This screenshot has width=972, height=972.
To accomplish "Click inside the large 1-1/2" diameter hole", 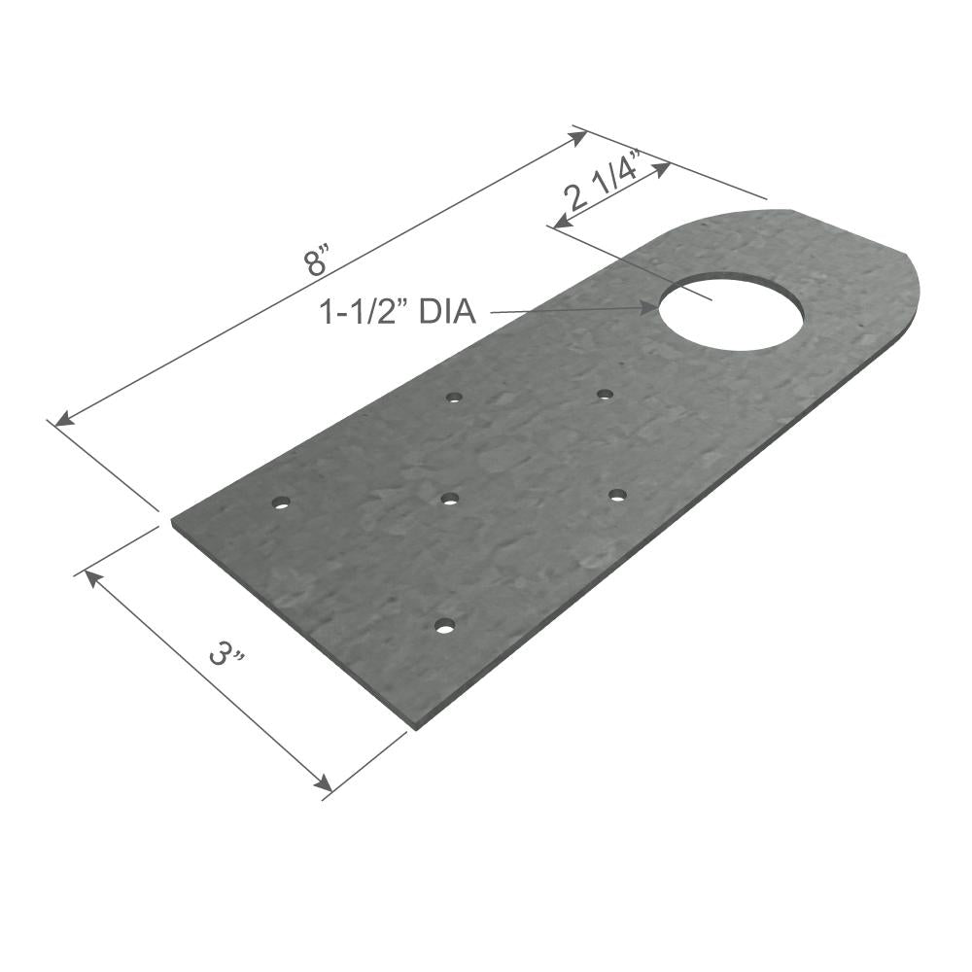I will pyautogui.click(x=731, y=311).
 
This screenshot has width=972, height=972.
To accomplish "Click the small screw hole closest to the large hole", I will pyautogui.click(x=605, y=395).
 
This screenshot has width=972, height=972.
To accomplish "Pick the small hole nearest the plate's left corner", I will pyautogui.click(x=281, y=503).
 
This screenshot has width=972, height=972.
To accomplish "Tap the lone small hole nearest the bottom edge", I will pyautogui.click(x=444, y=626).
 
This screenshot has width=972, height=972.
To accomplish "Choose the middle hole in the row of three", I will pyautogui.click(x=449, y=499).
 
